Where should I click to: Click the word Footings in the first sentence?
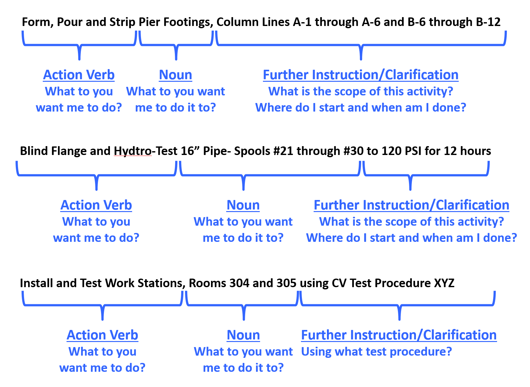coord(188,22)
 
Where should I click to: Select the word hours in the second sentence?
coord(475,151)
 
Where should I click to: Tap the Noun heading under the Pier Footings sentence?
coord(176,75)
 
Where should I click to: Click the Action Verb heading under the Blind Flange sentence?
coord(96,205)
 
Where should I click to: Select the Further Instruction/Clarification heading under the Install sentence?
coord(399,335)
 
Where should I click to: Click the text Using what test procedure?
coord(376,352)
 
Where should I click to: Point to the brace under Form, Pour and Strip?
coord(80,45)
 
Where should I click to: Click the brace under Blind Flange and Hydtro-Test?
coord(96,175)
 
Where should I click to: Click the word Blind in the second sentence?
coord(34,151)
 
